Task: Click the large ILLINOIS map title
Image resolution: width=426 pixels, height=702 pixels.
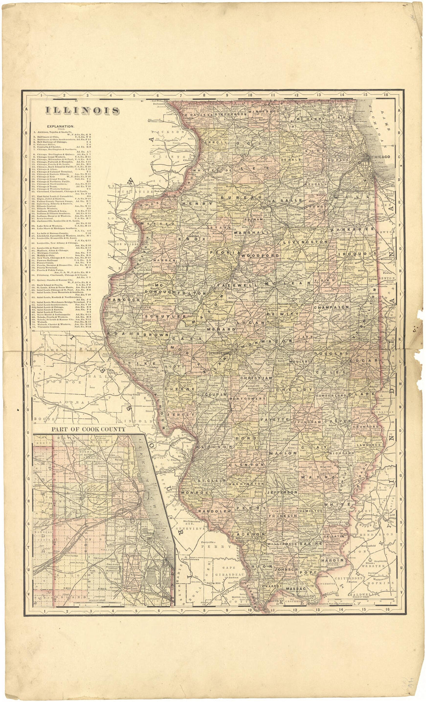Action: coord(82,110)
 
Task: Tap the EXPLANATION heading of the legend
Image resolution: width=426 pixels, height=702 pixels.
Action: coord(61,126)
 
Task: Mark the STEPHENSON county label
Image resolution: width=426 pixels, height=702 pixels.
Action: coord(230,114)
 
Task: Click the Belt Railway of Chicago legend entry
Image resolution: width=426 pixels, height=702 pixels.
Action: coord(58,142)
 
